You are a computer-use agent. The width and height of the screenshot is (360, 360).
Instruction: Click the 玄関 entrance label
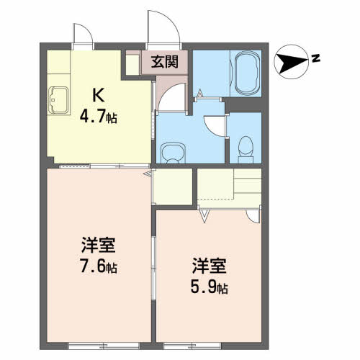165,62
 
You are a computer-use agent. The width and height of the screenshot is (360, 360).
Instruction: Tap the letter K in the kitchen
99,95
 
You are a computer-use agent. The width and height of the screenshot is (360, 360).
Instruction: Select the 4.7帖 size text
99,117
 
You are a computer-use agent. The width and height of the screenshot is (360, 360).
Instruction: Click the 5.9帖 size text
210,287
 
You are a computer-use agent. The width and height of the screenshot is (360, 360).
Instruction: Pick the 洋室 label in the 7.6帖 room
99,245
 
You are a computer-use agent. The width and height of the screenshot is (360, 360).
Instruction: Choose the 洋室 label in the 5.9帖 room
210,266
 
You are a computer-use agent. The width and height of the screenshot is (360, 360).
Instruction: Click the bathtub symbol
247,73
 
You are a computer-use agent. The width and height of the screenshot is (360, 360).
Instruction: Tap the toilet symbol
246,150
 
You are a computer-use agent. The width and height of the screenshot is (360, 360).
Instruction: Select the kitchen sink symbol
58,100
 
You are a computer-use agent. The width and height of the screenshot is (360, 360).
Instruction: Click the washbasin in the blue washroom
174,153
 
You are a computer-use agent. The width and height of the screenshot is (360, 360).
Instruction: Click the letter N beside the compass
316,58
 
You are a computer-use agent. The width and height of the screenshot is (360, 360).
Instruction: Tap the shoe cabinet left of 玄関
132,65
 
